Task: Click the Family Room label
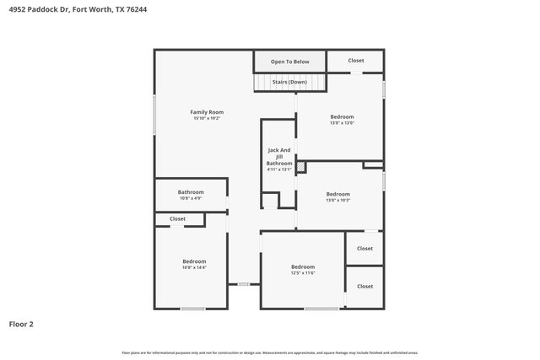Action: click(x=207, y=112)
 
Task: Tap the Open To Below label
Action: click(x=289, y=62)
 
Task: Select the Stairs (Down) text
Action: click(x=289, y=82)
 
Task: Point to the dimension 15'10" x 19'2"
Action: click(x=207, y=119)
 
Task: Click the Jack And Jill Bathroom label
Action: click(x=279, y=157)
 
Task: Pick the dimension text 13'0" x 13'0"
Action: click(x=342, y=123)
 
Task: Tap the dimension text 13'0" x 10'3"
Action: click(x=337, y=201)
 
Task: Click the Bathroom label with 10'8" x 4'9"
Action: click(x=191, y=192)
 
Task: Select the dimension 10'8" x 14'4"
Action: click(x=193, y=268)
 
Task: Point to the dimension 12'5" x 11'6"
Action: click(x=302, y=273)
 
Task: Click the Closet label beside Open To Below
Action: click(x=356, y=61)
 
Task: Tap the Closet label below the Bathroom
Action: click(x=177, y=219)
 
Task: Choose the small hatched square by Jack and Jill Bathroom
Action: click(x=300, y=167)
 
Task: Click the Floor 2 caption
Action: click(x=21, y=324)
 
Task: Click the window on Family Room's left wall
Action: click(x=154, y=114)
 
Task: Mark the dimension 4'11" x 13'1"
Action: click(x=279, y=170)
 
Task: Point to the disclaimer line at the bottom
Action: click(x=269, y=352)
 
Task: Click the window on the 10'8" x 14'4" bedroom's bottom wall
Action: click(x=192, y=309)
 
